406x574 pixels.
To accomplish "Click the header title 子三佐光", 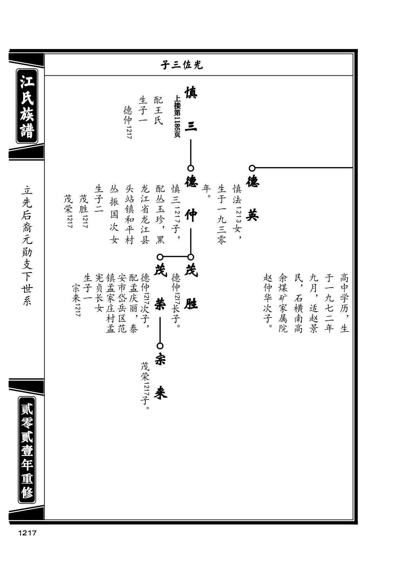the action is [182, 65].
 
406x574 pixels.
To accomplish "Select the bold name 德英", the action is [253, 198].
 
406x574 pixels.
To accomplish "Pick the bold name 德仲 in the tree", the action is [191, 198].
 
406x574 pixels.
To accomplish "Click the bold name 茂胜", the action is [191, 287].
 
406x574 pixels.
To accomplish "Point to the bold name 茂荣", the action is [160, 287].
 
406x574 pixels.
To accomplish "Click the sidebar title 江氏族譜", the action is [27, 106].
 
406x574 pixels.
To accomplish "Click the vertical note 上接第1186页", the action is [177, 117].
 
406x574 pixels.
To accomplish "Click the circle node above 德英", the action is [252, 168].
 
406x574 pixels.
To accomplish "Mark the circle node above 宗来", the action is [160, 346].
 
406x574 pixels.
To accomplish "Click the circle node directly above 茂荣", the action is [160, 257].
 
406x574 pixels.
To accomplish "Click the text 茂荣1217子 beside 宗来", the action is [145, 386].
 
